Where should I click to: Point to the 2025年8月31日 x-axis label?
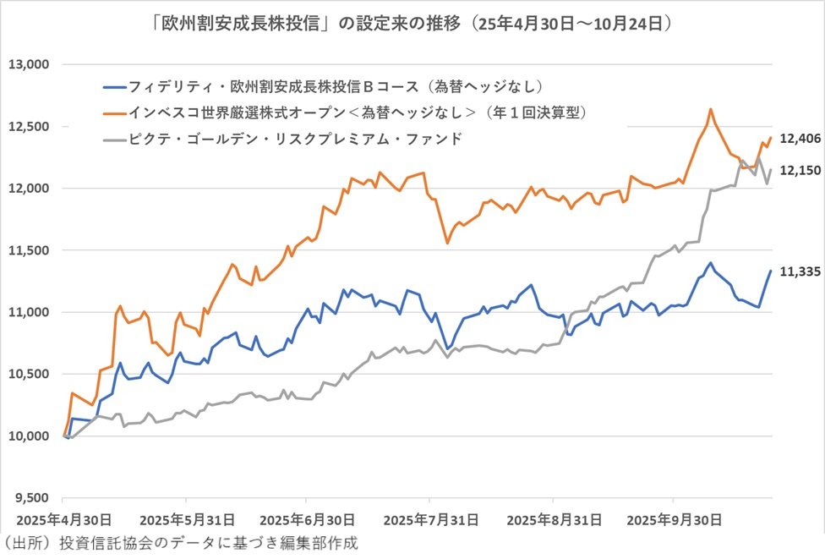(554, 518)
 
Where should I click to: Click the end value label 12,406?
(799, 138)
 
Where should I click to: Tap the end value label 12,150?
(799, 169)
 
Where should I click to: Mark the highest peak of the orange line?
(710, 109)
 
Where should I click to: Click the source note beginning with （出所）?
(180, 543)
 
